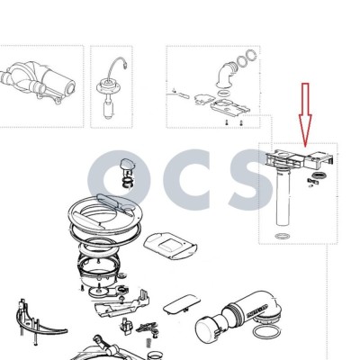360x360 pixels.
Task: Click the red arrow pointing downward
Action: [x=305, y=115]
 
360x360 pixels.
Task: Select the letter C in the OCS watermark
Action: [x=186, y=180]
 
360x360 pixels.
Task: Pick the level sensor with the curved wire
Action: [x=110, y=89]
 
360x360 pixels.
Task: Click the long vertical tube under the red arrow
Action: [x=283, y=199]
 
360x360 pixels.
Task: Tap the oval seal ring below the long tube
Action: [x=282, y=236]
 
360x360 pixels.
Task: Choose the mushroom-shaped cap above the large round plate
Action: [x=128, y=173]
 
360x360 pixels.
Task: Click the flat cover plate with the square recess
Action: [x=170, y=246]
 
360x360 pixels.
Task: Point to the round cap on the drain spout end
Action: [x=208, y=329]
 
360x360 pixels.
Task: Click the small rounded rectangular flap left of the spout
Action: [x=182, y=304]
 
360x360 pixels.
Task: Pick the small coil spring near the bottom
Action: [x=148, y=342]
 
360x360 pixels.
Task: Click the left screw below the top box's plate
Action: [x=228, y=122]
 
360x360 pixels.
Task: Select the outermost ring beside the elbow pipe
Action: [x=251, y=57]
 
